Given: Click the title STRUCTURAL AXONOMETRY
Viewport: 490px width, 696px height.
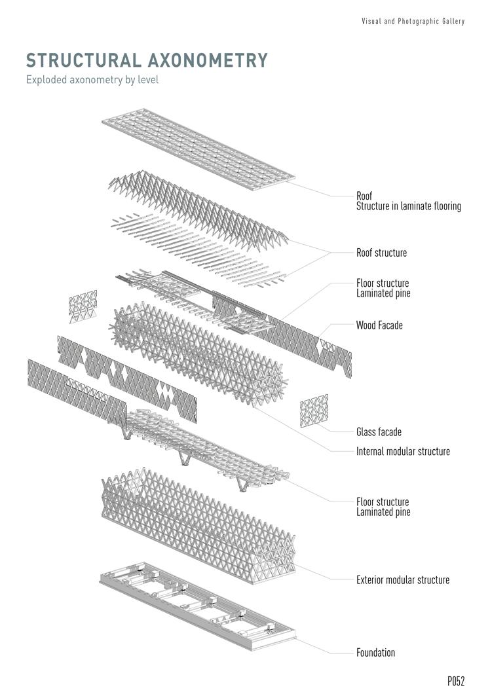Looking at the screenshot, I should [x=147, y=60].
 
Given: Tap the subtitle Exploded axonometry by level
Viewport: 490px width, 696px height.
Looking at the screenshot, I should [x=92, y=81].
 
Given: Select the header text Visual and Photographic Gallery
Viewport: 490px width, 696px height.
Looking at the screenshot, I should [x=413, y=22].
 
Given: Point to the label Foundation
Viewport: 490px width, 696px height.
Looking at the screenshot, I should [x=375, y=653].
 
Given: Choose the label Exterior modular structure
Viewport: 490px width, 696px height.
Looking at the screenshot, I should [x=402, y=580].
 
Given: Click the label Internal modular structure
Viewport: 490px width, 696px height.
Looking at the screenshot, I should [x=402, y=452].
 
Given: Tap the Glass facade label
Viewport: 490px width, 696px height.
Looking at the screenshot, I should [x=379, y=432].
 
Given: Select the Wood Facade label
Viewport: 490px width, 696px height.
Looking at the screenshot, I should [x=379, y=325].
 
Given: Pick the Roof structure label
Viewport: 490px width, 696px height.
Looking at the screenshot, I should [x=381, y=253].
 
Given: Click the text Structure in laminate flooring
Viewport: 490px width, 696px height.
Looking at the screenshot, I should [x=408, y=206].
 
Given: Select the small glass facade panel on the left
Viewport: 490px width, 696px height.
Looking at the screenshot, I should [x=83, y=306].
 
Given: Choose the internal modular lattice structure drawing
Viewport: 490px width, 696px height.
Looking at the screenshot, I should [x=197, y=354].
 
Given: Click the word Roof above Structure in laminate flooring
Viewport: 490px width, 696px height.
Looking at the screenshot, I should [x=364, y=196].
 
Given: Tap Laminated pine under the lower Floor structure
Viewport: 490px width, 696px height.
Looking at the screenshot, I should [x=383, y=512].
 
